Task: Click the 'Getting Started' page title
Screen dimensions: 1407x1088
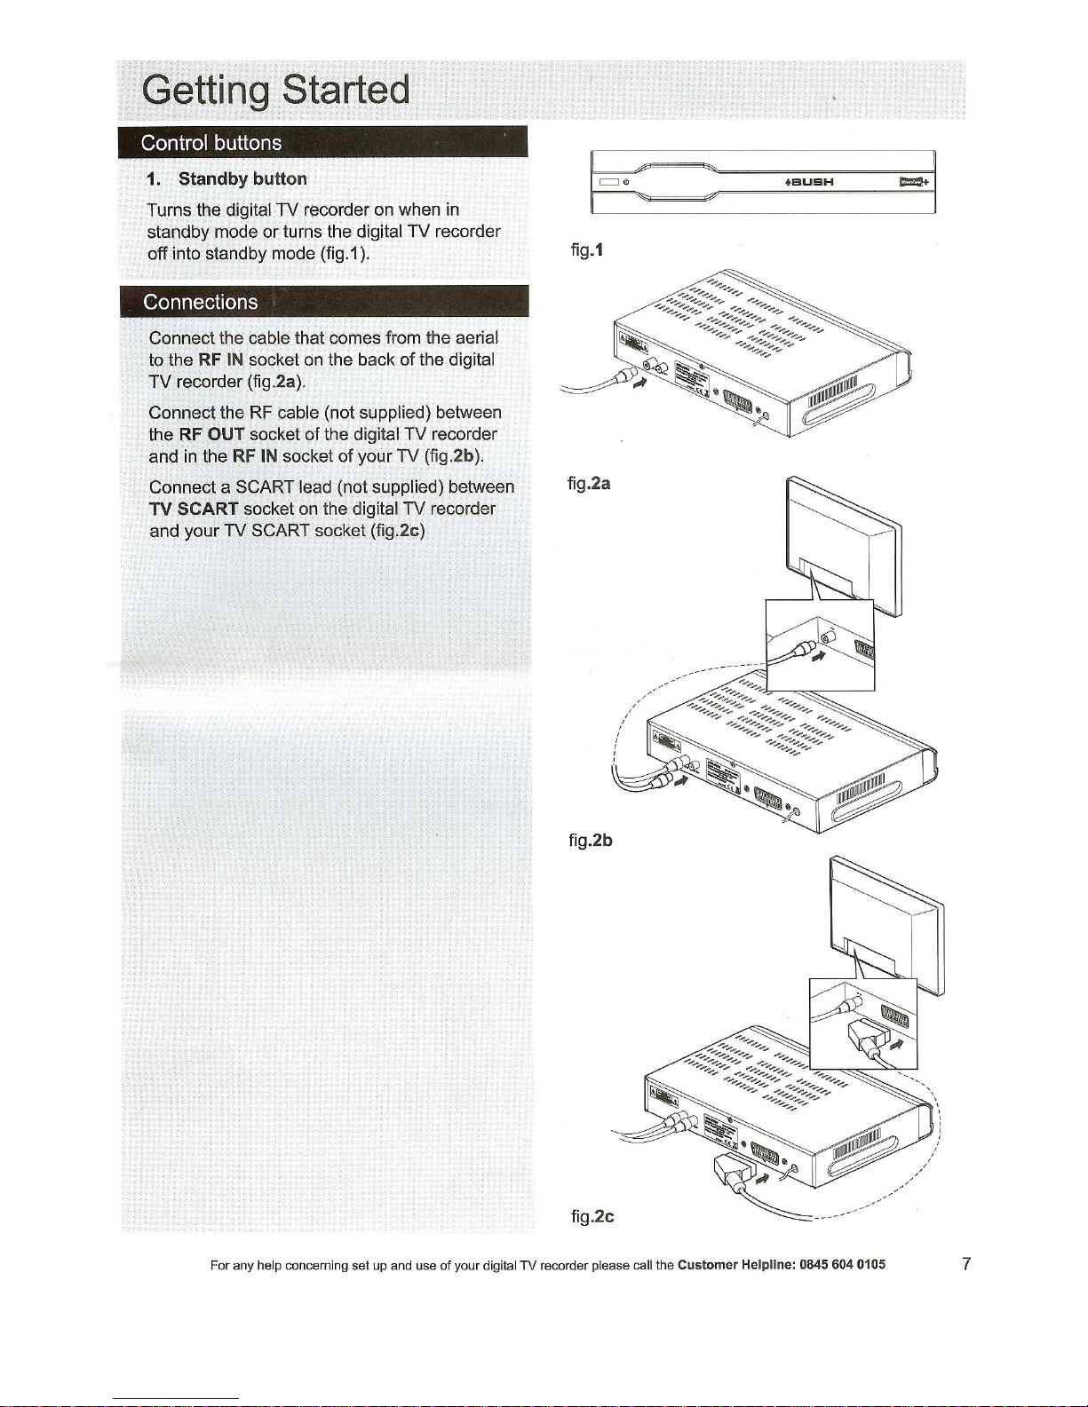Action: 275,91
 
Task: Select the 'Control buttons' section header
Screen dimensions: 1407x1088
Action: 211,143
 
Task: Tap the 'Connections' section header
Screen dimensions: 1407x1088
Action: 201,302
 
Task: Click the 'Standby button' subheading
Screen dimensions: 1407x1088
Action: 242,178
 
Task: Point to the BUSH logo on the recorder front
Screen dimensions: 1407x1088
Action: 809,182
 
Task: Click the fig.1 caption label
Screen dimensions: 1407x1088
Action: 587,250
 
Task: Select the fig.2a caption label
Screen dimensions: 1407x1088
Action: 589,484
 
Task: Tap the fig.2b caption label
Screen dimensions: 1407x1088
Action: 591,840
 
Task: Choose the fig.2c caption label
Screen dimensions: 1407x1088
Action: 592,1215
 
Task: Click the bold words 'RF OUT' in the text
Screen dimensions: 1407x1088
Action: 211,434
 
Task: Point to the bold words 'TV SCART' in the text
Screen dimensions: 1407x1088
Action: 194,509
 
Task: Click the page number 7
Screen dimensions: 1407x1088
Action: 966,1263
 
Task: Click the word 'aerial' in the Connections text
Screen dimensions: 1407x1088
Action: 476,337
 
